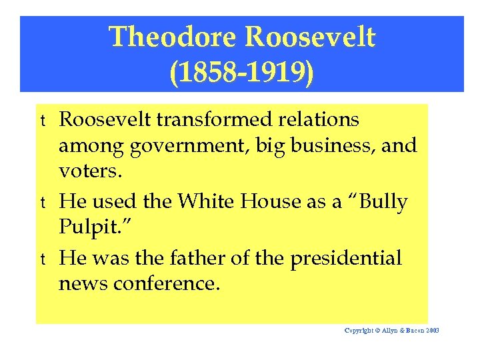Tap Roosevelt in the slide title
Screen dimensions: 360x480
pyautogui.click(x=311, y=37)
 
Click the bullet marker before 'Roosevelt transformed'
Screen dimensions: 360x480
pyautogui.click(x=43, y=121)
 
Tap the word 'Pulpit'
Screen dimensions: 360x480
pyautogui.click(x=87, y=227)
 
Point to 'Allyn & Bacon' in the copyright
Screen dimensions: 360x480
pyautogui.click(x=398, y=331)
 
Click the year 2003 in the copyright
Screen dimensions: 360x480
pyautogui.click(x=433, y=331)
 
